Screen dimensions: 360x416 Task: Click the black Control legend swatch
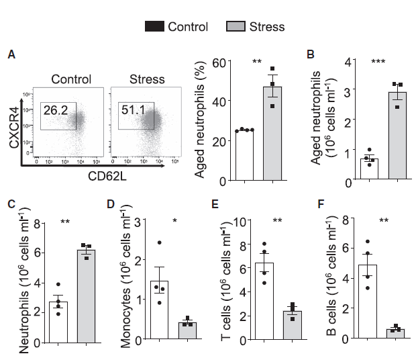pyautogui.click(x=154, y=27)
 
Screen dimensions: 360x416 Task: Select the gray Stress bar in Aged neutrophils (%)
pyautogui.click(x=272, y=134)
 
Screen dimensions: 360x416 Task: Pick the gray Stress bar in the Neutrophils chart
pyautogui.click(x=87, y=296)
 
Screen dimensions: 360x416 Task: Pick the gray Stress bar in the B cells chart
pyautogui.click(x=395, y=333)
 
